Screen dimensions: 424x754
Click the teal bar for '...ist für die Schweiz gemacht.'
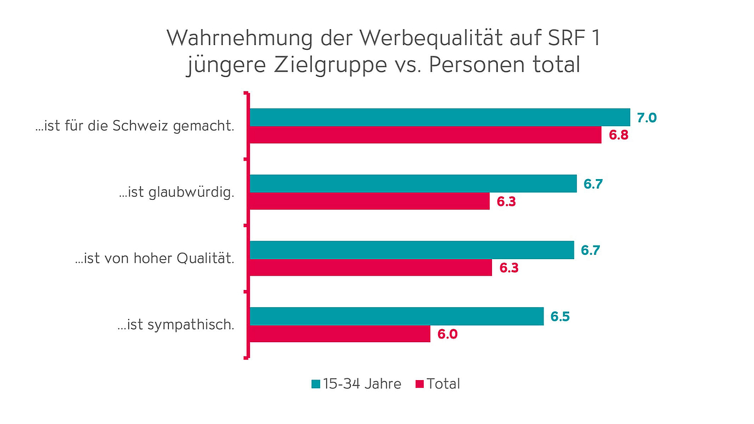[x=439, y=117]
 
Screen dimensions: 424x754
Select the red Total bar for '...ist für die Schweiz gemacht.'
[x=425, y=135]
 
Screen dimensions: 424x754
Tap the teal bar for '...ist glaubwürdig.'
[x=413, y=184]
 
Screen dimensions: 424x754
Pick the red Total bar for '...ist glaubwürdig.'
[x=369, y=201]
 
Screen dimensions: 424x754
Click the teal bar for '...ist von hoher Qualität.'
[x=411, y=250]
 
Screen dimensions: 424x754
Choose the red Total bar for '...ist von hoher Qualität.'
[x=370, y=267]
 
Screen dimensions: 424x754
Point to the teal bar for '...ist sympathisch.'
[x=396, y=316]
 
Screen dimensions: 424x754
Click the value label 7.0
[x=647, y=117]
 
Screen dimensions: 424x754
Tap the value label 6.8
[x=618, y=135]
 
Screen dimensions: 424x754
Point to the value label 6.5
[x=560, y=316]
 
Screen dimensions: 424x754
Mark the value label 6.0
[x=448, y=334]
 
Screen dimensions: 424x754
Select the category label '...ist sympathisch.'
[x=176, y=325]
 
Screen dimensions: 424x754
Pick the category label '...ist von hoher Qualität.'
[x=155, y=259]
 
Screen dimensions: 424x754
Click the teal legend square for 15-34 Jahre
[x=315, y=384]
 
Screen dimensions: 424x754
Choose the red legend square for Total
[x=420, y=384]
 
